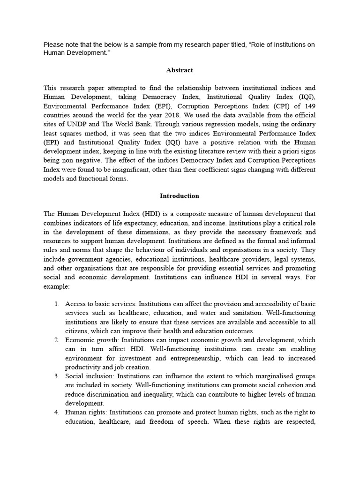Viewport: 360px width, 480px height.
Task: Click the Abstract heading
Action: [x=180, y=70]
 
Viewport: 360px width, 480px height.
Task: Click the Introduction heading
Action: [x=180, y=196]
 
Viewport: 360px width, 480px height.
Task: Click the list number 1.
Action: [x=56, y=304]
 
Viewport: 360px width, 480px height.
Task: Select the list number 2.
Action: [x=56, y=340]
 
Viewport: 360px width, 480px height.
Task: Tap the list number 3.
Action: [x=56, y=376]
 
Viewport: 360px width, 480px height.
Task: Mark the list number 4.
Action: [x=56, y=412]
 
